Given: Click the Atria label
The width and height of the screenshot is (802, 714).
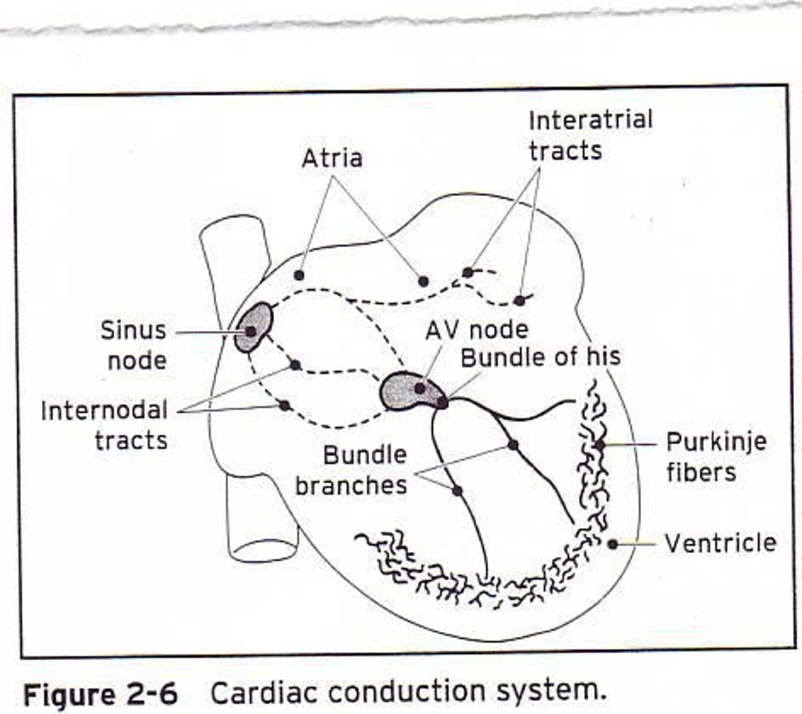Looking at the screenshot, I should click(x=332, y=159).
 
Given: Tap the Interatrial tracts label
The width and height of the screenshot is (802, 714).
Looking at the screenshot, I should click(x=590, y=135).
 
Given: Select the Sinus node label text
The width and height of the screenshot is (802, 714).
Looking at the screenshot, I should click(x=133, y=345).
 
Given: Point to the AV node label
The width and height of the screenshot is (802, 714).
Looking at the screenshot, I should click(x=477, y=330).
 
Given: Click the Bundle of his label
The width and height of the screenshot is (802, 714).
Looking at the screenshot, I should click(x=540, y=357).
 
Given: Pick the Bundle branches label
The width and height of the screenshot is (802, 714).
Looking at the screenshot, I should click(x=352, y=470).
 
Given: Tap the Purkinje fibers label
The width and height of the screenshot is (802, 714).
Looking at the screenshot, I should click(x=716, y=457).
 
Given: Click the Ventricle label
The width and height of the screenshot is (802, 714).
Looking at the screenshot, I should click(x=720, y=543).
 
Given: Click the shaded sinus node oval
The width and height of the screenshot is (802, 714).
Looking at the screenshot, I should click(x=255, y=327).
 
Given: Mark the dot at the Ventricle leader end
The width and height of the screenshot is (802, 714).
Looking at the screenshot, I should click(x=612, y=543).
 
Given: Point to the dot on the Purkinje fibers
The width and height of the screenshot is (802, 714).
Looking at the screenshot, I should click(x=599, y=444).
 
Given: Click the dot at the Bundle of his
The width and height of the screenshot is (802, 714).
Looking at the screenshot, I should click(x=442, y=402).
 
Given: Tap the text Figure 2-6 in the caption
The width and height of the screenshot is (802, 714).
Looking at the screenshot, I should click(x=100, y=694).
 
